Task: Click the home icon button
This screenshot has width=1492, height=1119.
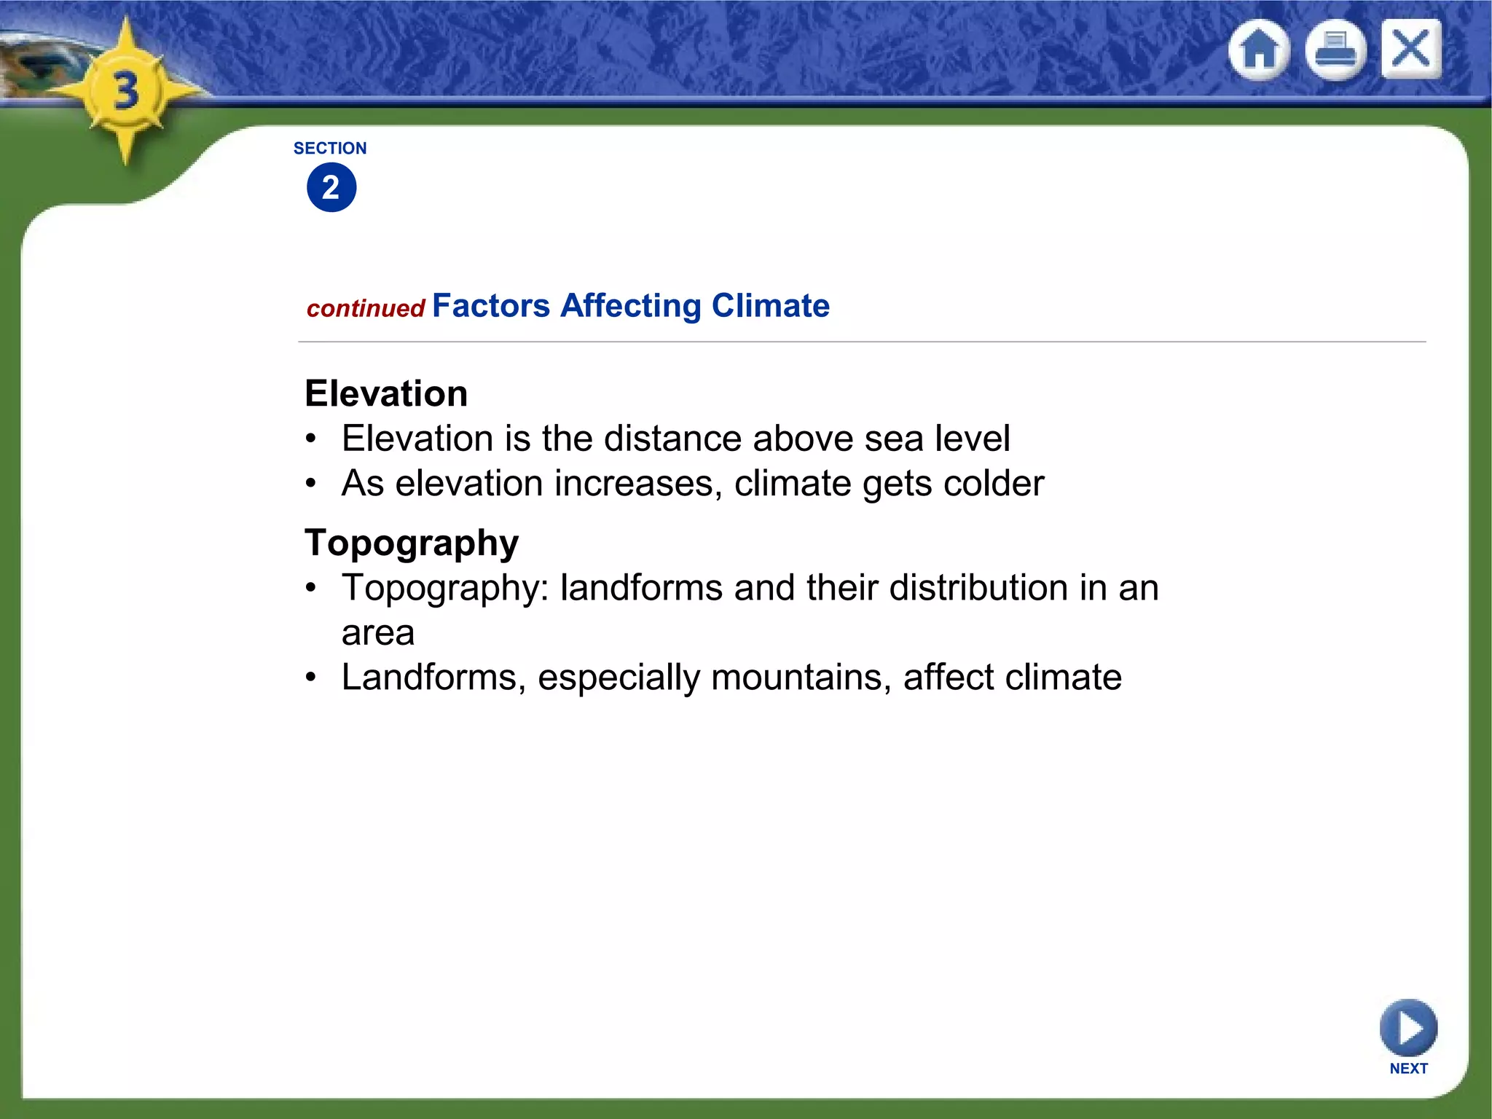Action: (1259, 50)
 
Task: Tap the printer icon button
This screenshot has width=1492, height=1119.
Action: (1335, 50)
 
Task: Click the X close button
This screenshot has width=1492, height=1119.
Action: (1411, 50)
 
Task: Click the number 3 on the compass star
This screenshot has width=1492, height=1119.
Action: (126, 92)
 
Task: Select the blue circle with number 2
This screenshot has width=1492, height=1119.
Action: (331, 188)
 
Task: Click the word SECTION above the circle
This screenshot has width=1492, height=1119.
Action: (330, 149)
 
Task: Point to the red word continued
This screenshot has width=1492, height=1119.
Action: (366, 309)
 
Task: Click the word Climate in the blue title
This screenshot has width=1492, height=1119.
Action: (770, 306)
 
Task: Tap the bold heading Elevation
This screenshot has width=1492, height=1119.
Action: (386, 394)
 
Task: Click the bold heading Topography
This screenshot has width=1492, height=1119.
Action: (412, 543)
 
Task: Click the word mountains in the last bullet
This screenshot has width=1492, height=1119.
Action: (801, 678)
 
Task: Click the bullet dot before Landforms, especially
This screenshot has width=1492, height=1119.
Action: (312, 678)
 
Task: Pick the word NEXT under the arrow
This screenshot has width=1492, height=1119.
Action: (1408, 1069)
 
